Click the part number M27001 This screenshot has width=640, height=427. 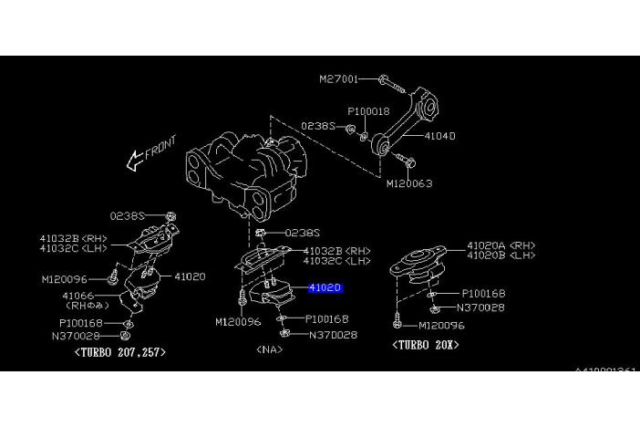[338, 79]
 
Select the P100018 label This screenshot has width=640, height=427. [369, 110]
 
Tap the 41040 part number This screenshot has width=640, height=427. [439, 136]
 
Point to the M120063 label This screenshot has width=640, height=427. [408, 183]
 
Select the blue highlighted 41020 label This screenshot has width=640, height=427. [325, 287]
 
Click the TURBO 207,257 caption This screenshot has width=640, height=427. [120, 351]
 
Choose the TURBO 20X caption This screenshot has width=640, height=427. [425, 345]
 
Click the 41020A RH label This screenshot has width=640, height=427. [501, 245]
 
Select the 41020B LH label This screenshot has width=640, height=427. [501, 256]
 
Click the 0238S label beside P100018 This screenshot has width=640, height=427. [320, 127]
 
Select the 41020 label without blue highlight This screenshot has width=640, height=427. [190, 276]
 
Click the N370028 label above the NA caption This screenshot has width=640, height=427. [334, 336]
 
